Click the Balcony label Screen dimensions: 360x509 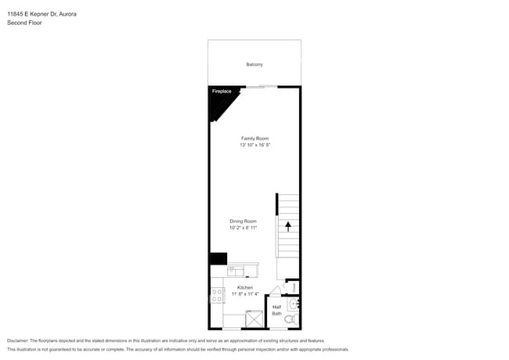tap(254, 64)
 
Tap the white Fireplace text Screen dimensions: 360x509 tap(222, 92)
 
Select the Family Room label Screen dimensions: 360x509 tap(254, 139)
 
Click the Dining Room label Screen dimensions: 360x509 tap(243, 221)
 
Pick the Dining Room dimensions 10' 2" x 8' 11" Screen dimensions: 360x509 tap(243, 228)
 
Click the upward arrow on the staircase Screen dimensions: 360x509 tap(287, 226)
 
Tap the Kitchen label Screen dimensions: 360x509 tap(244, 287)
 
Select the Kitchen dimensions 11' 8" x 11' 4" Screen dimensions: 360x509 tap(244, 294)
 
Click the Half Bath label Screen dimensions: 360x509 tap(276, 310)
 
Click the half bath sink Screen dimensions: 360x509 tap(293, 304)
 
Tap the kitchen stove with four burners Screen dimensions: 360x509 tap(217, 295)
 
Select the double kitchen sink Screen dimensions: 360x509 tap(236, 271)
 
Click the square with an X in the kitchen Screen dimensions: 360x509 tap(255, 319)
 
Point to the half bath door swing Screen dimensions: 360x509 tap(273, 290)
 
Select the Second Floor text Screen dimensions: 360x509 tap(24, 23)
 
